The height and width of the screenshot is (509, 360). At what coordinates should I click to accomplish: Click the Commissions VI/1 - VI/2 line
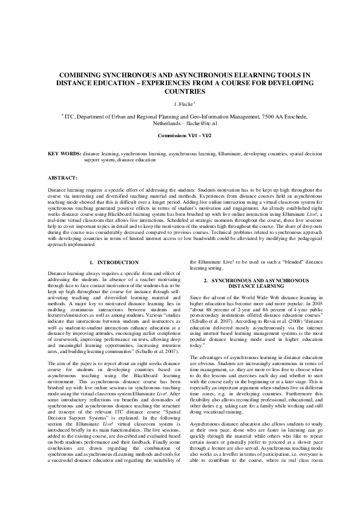(x=180, y=137)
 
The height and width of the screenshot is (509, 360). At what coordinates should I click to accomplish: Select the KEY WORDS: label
(x=64, y=155)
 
